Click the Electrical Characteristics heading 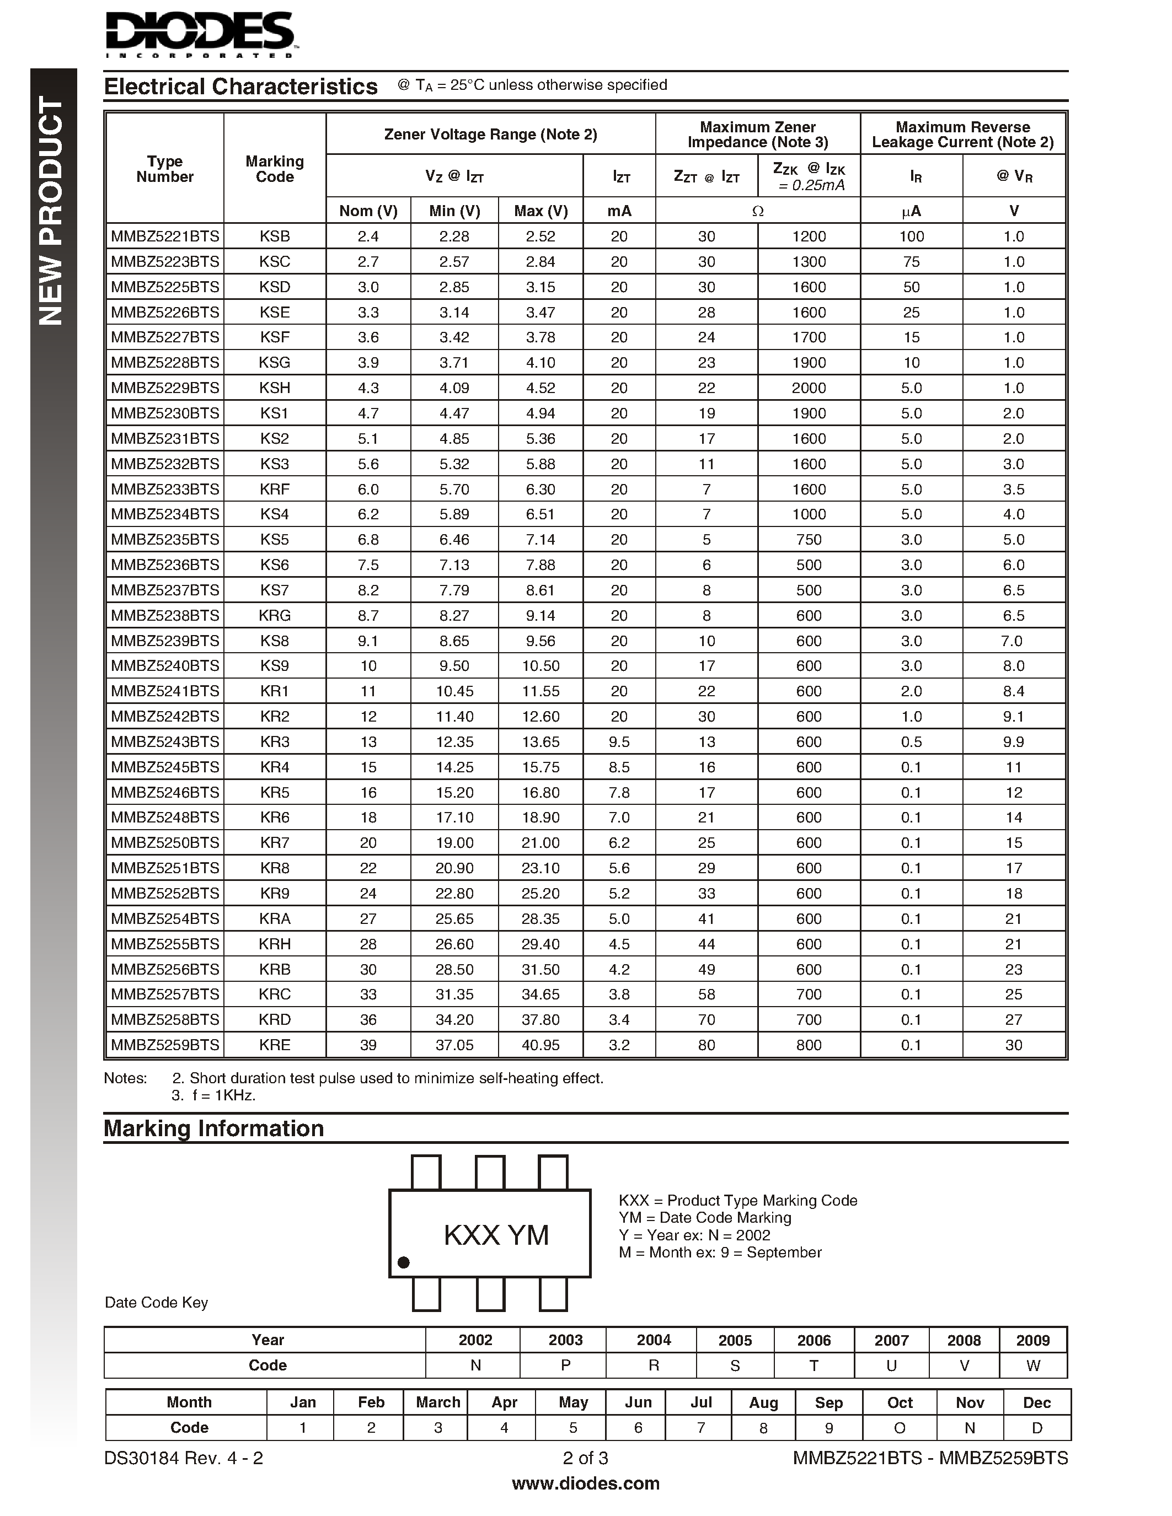[240, 87]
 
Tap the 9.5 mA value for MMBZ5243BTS [619, 742]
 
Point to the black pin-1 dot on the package [403, 1262]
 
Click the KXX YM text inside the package [496, 1235]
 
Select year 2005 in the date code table [735, 1340]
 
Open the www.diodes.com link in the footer [585, 1483]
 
